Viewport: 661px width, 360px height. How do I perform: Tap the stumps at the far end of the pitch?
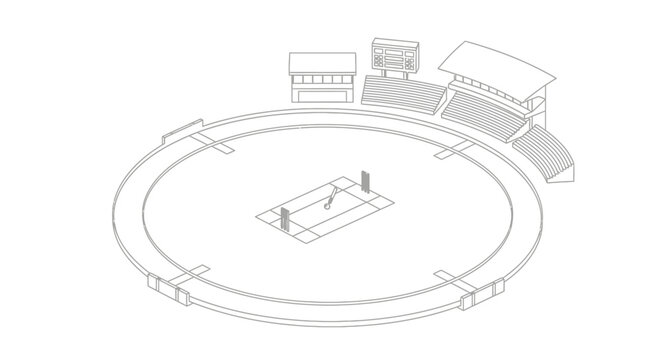[365, 181]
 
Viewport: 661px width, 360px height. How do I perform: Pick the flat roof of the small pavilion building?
[321, 63]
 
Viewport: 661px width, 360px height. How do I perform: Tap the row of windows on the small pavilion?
[321, 79]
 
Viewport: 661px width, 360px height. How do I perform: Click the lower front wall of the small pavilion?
[321, 94]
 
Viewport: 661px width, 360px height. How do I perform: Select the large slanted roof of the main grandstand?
[497, 63]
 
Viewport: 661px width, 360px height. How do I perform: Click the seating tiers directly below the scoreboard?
[402, 93]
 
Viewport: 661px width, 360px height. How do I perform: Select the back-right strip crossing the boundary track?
[452, 150]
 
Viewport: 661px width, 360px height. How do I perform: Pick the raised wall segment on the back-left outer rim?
[181, 131]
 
